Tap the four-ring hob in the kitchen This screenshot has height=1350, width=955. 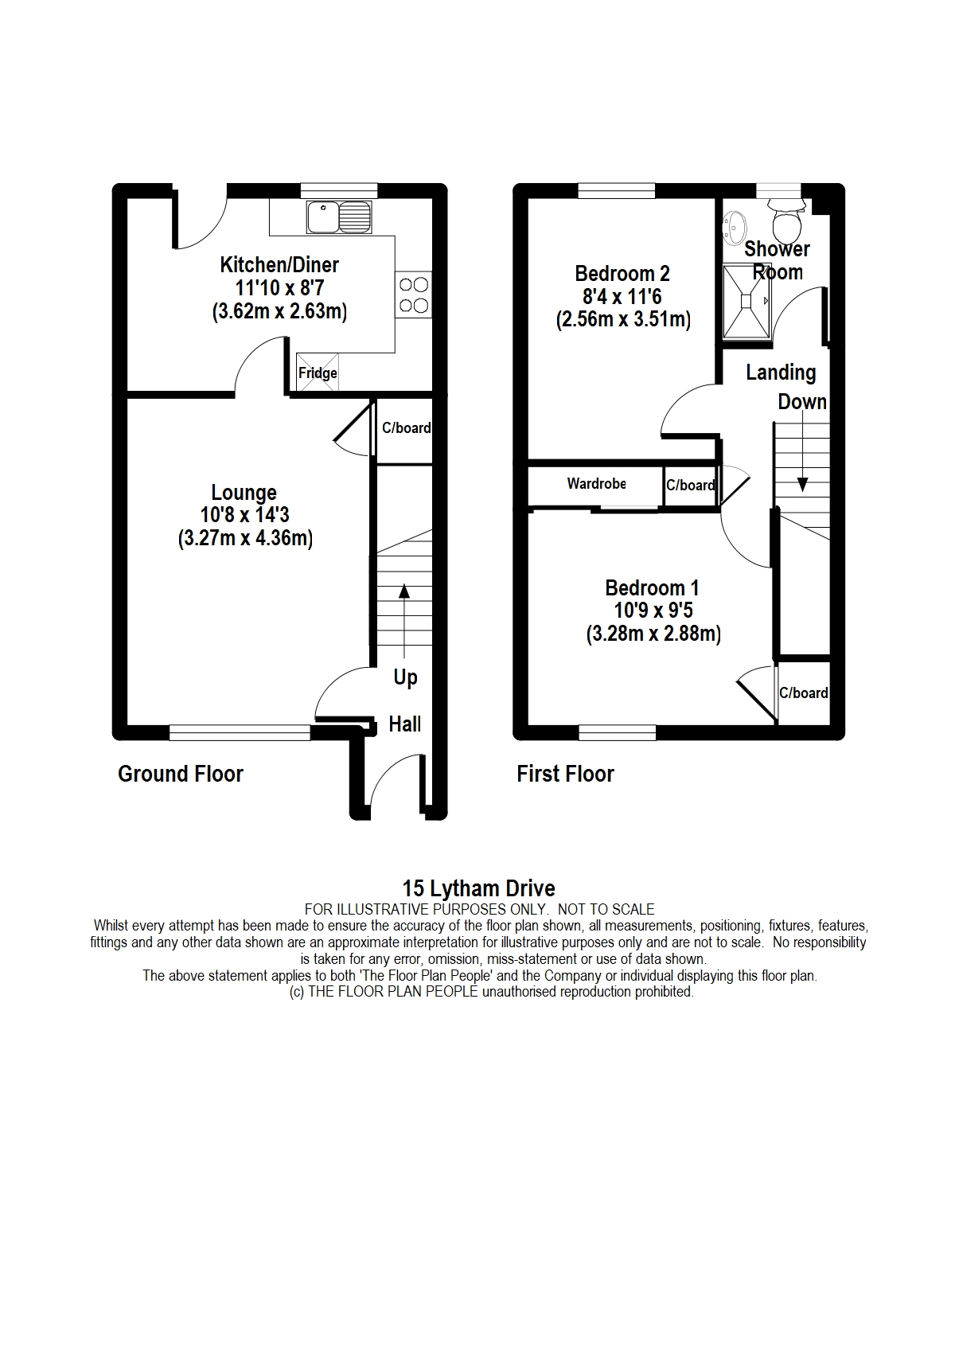413,295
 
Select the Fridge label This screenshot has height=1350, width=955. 318,373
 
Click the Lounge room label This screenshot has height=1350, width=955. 244,493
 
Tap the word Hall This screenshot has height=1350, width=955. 404,724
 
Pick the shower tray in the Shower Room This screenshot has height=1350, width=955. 746,301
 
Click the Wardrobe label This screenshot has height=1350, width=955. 596,483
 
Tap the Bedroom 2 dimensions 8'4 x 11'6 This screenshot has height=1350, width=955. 622,297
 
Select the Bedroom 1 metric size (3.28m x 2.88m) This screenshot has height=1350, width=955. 653,634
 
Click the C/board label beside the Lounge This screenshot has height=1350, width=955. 406,428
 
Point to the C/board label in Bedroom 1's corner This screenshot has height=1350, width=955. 803,693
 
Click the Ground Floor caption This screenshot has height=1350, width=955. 181,774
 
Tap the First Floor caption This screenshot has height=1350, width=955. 565,774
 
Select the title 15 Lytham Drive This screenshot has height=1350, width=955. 478,888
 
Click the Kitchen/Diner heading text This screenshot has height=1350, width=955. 279,265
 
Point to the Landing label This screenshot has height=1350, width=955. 781,373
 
